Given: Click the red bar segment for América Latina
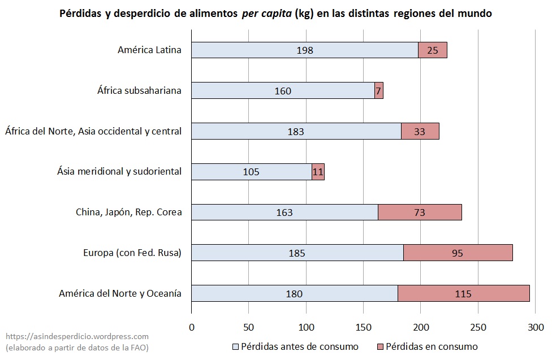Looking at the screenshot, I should click(x=433, y=50).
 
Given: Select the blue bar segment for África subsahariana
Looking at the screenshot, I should click(x=283, y=91).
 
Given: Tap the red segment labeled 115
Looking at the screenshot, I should click(x=464, y=294).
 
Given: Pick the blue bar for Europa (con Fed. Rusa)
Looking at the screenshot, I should click(x=297, y=253).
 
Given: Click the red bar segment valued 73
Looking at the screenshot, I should click(x=420, y=212).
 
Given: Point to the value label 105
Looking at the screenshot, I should click(x=251, y=172).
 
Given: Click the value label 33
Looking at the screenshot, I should click(x=420, y=132).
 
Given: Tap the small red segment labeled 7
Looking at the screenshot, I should click(x=379, y=91).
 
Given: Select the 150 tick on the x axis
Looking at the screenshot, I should click(x=364, y=327).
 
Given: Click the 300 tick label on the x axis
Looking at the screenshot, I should click(x=535, y=327).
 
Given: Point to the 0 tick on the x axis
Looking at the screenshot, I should click(x=192, y=327).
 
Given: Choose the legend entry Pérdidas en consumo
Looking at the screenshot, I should click(x=426, y=346).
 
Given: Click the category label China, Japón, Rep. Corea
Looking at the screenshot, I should click(x=128, y=212).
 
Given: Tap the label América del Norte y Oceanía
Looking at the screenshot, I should click(x=120, y=293).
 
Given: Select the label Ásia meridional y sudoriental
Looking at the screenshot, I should click(x=119, y=171).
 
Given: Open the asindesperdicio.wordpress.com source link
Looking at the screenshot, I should click(x=77, y=336).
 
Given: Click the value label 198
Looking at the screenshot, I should click(x=305, y=50).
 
